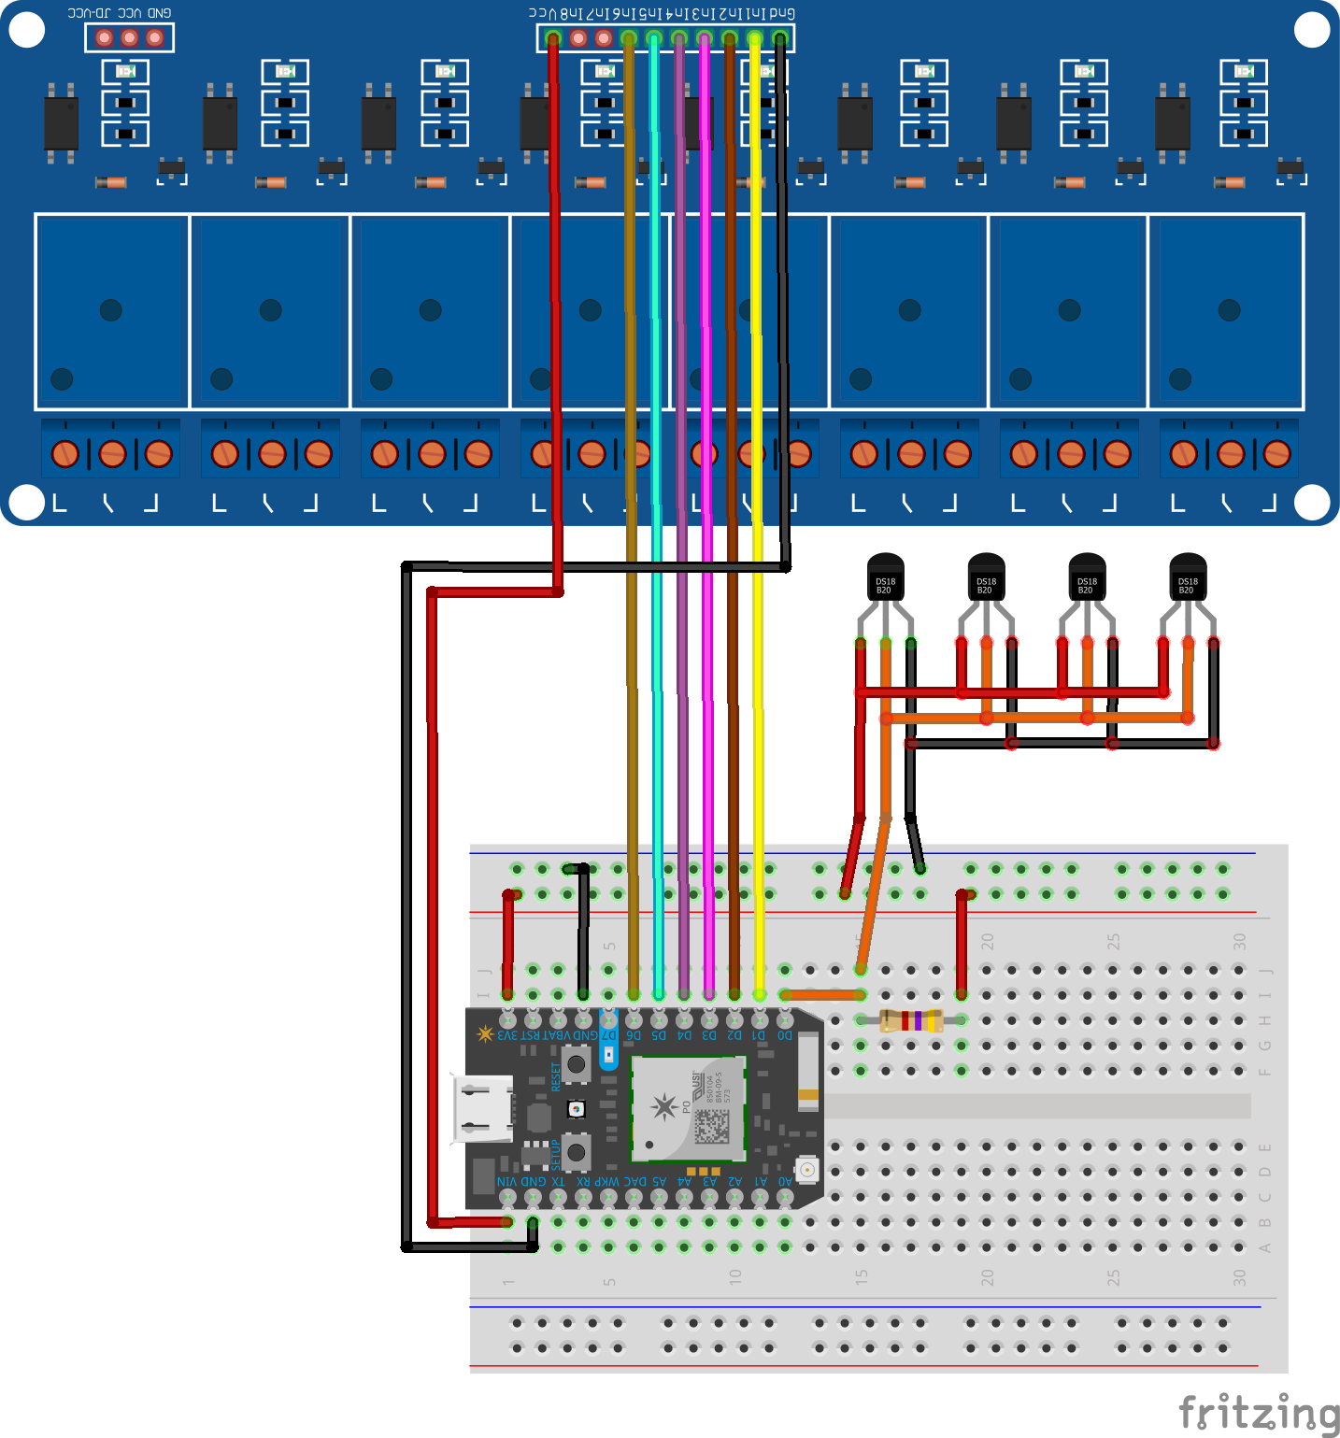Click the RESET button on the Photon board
click(577, 1063)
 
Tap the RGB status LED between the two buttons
click(577, 1109)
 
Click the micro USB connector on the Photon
click(483, 1109)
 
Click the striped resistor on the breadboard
click(911, 1020)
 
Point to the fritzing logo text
click(1258, 1412)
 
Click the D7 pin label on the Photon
click(608, 1035)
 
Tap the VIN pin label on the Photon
click(506, 1181)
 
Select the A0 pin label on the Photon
click(785, 1181)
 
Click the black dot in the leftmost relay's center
click(111, 310)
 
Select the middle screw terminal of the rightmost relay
click(1231, 454)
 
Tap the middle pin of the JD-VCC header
click(130, 37)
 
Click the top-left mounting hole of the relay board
click(26, 30)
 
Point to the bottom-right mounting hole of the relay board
click(1312, 502)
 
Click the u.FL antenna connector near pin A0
click(805, 1169)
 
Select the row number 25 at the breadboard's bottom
click(1113, 1277)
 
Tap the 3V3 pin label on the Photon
click(507, 1035)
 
